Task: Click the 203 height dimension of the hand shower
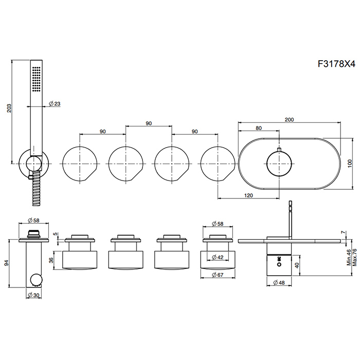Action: [x=9, y=109]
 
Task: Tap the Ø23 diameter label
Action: [x=55, y=103]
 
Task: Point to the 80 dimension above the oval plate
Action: [x=258, y=129]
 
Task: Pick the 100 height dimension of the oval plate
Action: [x=350, y=163]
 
